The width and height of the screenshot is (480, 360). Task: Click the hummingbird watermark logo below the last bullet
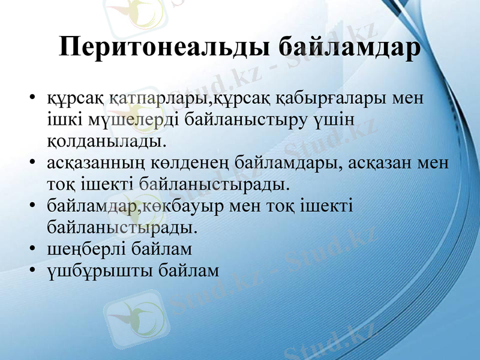(x=131, y=316)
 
